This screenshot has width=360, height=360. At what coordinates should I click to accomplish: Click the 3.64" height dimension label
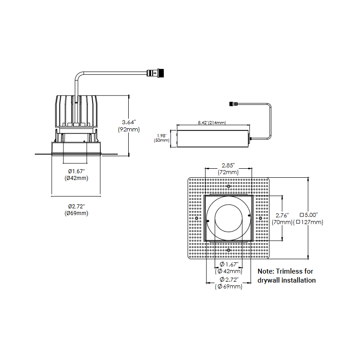(x=129, y=121)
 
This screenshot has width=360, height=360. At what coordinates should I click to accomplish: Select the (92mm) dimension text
(x=129, y=130)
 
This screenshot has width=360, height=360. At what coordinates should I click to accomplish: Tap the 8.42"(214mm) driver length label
(x=211, y=122)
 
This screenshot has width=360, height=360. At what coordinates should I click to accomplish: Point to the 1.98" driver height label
(x=162, y=135)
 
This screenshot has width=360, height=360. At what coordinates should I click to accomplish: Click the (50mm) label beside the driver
(x=162, y=140)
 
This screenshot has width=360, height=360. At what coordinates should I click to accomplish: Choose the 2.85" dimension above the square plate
(x=228, y=165)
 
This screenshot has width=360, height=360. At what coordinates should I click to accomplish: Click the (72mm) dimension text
(x=228, y=172)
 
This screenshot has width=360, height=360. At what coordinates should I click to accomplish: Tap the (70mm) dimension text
(x=282, y=222)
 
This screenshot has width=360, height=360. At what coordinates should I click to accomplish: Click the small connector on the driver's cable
(x=233, y=104)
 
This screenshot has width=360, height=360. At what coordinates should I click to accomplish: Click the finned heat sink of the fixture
(x=76, y=111)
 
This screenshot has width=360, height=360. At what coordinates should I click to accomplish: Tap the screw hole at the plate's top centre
(x=228, y=186)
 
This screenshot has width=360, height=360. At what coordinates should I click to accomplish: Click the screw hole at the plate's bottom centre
(x=228, y=249)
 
